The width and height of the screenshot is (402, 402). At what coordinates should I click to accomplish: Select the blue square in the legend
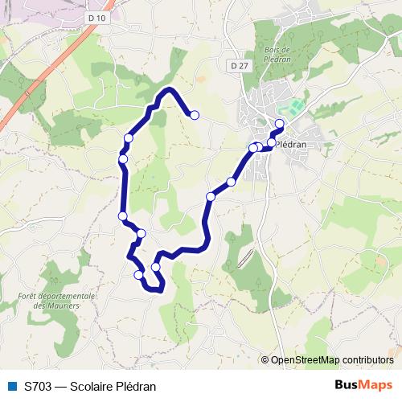point(12,385)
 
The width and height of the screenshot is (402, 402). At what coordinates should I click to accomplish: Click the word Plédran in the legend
point(137,385)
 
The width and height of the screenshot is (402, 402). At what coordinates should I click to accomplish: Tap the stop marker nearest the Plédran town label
point(272,142)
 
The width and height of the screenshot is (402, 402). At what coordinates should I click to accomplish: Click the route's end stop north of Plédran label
point(280,123)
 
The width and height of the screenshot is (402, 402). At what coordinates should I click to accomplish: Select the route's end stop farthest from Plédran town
point(194,115)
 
